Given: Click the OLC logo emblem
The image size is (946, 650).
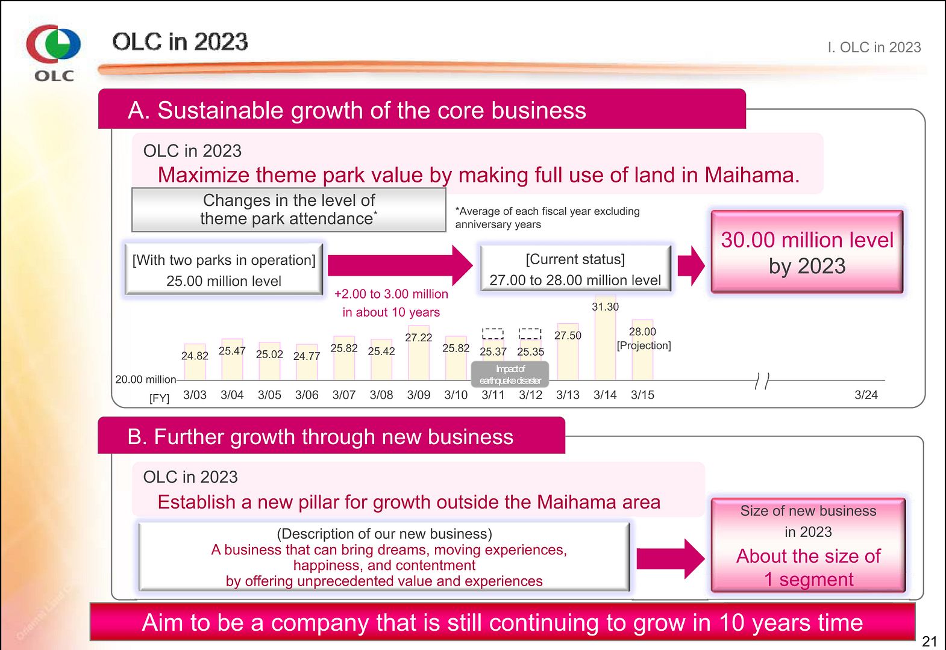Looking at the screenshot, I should tap(53, 43).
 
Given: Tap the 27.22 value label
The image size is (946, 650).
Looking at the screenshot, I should tap(418, 338).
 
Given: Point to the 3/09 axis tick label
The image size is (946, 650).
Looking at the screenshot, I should tap(418, 395).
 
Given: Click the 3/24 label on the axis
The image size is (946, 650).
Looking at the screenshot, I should tap(866, 395).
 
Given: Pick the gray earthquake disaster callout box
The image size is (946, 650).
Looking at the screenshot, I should tap(510, 374).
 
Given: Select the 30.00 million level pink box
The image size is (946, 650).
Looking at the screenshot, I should tap(807, 252).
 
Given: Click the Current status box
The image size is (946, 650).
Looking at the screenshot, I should tap(575, 269).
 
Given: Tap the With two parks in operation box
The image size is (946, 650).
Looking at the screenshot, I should tap(224, 270).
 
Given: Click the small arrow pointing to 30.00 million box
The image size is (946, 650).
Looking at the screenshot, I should tap(691, 265).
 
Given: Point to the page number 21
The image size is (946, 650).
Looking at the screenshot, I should tap(930, 641).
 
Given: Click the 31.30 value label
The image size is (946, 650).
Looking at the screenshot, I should tap(605, 306).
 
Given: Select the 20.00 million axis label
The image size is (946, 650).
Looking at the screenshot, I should tap(145, 379).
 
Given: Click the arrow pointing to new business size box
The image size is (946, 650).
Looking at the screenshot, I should tap(670, 559).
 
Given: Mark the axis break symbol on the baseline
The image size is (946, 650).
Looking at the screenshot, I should tap(762, 380).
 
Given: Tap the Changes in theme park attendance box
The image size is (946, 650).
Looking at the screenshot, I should tap(289, 209).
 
